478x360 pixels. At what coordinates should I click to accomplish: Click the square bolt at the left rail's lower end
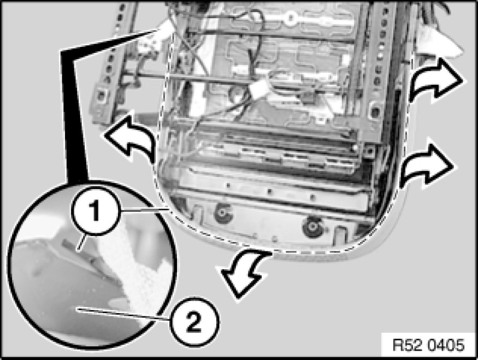100,96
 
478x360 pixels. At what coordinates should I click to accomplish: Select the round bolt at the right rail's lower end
374,111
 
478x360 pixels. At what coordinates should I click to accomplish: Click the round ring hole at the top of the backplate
290,18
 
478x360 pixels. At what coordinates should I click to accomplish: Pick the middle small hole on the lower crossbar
269,191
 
